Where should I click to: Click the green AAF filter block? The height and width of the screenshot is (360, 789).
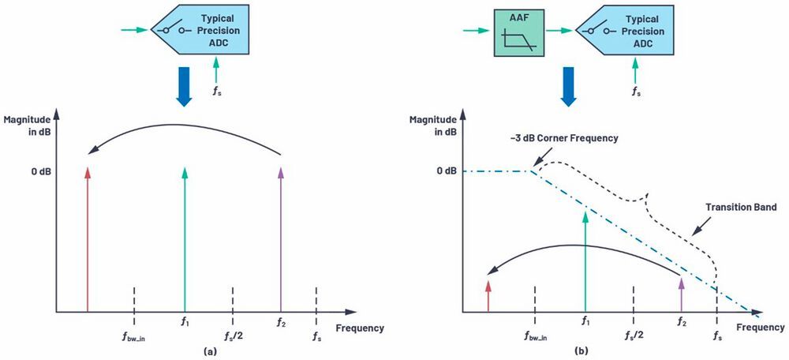coord(518,31)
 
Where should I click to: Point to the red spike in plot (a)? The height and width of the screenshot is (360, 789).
coord(88,237)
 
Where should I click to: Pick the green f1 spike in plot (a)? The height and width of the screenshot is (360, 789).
coord(184,237)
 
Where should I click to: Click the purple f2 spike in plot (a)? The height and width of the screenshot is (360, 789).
coord(280,237)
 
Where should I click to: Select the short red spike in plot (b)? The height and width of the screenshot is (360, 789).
coord(489,294)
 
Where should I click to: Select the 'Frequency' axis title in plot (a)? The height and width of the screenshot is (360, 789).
coord(360,328)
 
